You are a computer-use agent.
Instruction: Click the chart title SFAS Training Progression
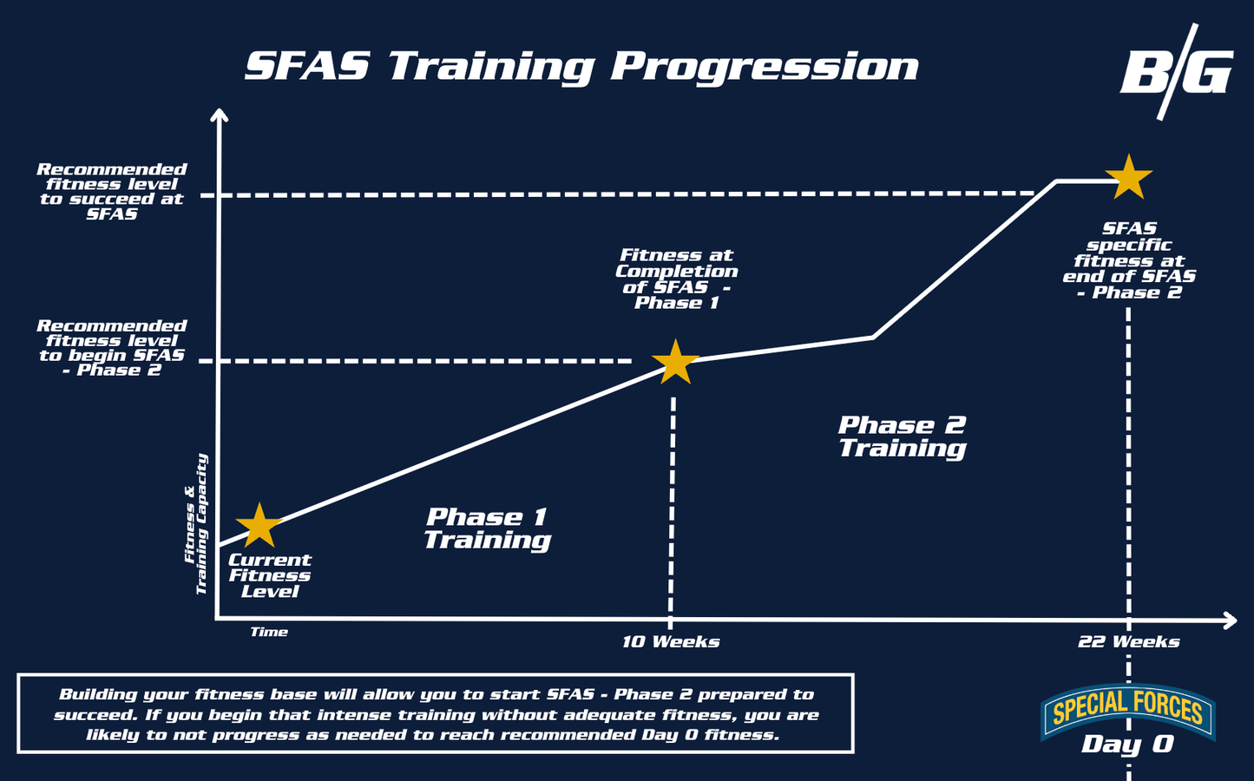(581, 67)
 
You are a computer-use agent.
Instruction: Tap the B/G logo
(1178, 73)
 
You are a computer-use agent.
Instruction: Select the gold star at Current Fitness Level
(259, 525)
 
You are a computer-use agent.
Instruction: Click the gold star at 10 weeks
(676, 362)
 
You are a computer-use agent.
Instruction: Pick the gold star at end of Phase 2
(1128, 177)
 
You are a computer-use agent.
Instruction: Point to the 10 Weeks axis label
(671, 641)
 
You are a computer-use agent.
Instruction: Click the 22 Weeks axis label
(1128, 641)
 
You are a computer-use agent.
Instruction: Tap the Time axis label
(269, 632)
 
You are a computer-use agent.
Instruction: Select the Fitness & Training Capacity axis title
(196, 524)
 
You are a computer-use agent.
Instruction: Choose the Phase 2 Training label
(903, 437)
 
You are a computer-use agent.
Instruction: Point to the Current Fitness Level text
(270, 575)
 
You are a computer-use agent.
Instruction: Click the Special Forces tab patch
(1127, 710)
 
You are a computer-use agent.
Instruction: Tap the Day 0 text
(1127, 745)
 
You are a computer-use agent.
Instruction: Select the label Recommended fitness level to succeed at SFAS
(112, 192)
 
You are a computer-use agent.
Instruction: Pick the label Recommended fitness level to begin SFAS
(112, 348)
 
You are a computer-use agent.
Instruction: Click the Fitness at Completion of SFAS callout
(676, 279)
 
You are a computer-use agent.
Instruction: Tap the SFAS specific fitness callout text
(1129, 260)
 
